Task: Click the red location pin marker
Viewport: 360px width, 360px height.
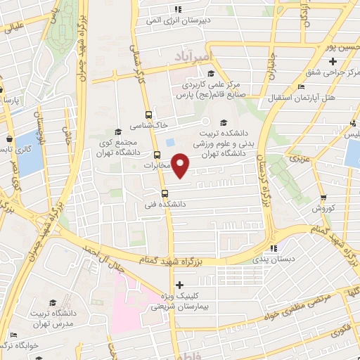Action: coord(181,165)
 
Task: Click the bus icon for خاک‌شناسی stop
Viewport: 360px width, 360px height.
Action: coord(148,113)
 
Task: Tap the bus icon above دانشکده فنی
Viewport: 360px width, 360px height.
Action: coord(164,193)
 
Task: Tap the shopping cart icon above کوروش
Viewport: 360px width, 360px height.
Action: coord(323,198)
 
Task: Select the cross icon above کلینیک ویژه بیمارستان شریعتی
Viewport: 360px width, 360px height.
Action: coord(181,285)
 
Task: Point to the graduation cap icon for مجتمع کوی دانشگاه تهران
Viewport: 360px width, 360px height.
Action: coord(118,131)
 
